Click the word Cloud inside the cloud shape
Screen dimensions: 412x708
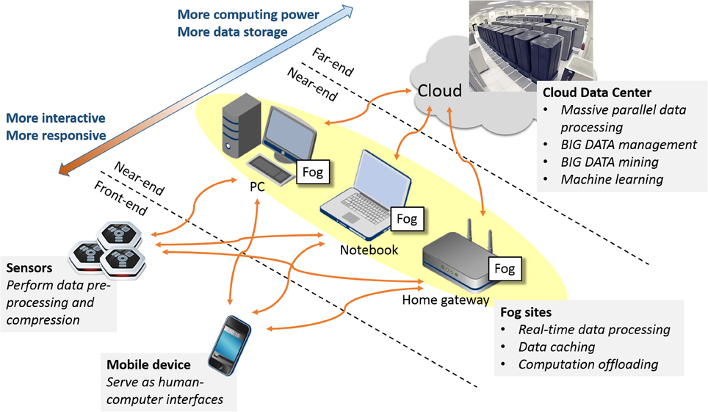coord(440,90)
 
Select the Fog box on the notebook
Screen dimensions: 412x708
coord(406,218)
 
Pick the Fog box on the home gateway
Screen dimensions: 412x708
coord(505,268)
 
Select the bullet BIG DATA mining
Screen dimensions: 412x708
coord(610,162)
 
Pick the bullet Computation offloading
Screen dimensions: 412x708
coord(588,364)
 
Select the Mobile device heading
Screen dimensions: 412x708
coord(149,365)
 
